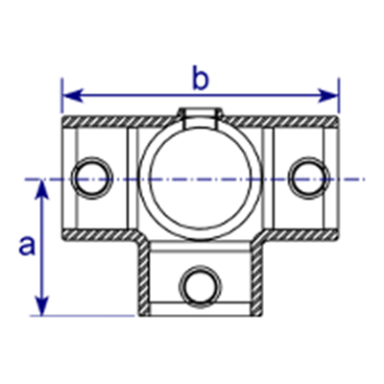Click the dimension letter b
(x=201, y=77)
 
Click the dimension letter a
(x=27, y=247)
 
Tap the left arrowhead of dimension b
(x=72, y=96)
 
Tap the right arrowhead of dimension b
(x=328, y=96)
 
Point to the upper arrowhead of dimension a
(x=42, y=190)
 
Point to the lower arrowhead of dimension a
(x=42, y=306)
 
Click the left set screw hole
(x=92, y=178)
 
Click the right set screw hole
(x=309, y=178)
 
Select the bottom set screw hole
(x=201, y=286)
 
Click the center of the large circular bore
(x=201, y=180)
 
